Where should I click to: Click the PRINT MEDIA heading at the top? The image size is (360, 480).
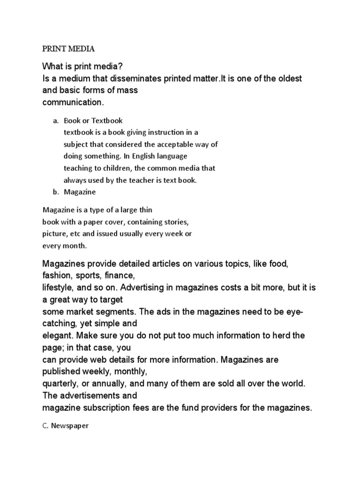point(68,48)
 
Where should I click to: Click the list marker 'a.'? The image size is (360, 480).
point(55,120)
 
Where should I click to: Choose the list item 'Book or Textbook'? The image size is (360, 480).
point(93,120)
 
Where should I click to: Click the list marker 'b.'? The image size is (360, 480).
point(55,192)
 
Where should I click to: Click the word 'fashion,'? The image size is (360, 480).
point(57,276)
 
